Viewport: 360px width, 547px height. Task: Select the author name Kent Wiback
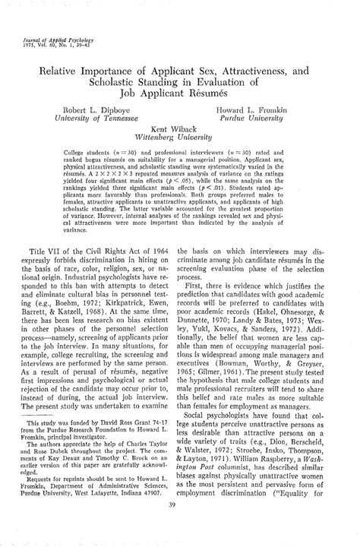(x=179, y=130)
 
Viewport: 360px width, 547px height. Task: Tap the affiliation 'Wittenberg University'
(x=179, y=140)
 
